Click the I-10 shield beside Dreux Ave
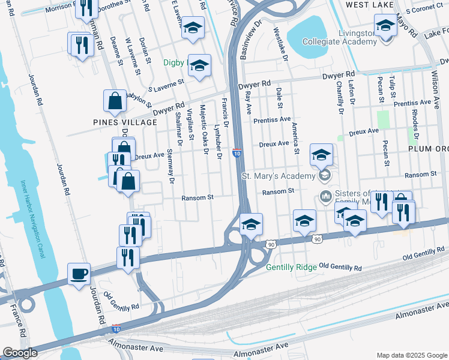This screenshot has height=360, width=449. click(237, 154)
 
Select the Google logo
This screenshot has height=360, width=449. click(20, 353)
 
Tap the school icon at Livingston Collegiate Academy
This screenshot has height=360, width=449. click(385, 25)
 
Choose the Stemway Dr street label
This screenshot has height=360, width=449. click(170, 166)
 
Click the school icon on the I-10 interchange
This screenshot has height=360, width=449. click(250, 224)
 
